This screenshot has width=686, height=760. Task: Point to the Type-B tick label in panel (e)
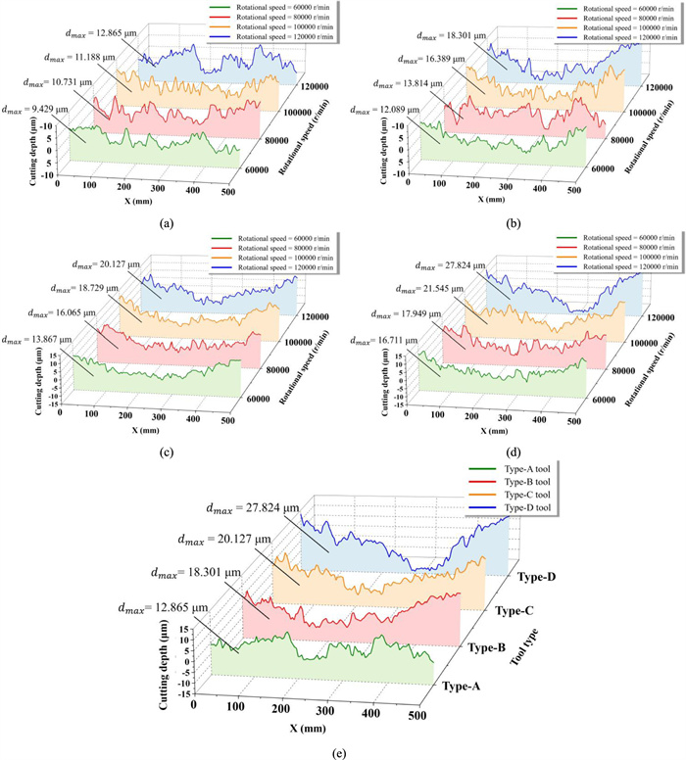[489, 648]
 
